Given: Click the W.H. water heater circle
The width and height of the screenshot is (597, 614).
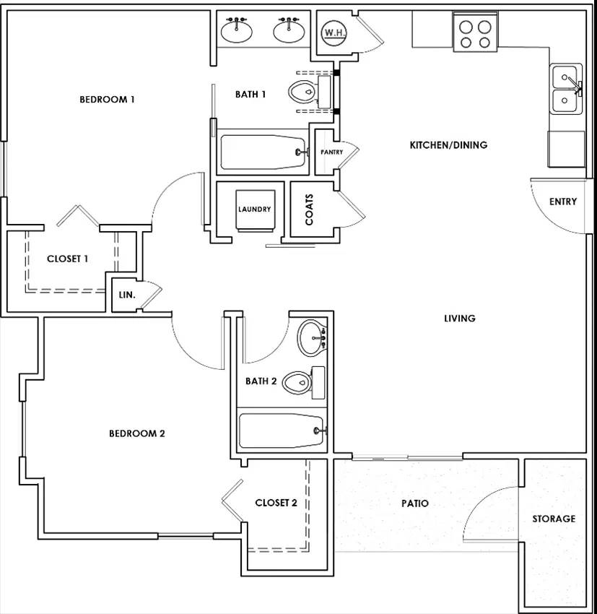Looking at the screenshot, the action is click(x=334, y=33).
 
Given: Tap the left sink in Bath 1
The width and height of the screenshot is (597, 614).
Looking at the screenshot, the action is click(x=236, y=30).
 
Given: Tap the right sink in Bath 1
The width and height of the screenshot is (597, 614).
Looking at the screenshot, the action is click(x=289, y=30).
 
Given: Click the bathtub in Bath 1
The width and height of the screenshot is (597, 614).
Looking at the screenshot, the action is click(x=263, y=152).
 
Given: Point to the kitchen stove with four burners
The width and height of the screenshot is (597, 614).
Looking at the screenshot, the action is click(x=475, y=33).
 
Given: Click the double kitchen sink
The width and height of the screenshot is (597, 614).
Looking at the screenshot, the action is click(x=566, y=89).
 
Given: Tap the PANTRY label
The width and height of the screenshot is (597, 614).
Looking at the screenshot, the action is click(x=332, y=152).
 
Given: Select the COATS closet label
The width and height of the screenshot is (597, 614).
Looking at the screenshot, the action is click(x=309, y=209).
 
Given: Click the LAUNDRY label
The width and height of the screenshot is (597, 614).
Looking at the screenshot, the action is click(x=255, y=209).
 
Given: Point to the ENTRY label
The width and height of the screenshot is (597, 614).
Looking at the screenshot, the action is click(x=563, y=202).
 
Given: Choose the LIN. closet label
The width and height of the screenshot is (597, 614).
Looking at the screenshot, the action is click(x=127, y=295).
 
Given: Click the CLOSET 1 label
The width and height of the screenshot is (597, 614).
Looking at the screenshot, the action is click(x=67, y=259).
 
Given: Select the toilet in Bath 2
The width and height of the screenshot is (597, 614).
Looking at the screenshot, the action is click(x=304, y=383).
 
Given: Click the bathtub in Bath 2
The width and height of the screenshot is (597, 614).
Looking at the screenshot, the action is click(x=282, y=431).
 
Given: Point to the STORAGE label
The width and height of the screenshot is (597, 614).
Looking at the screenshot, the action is click(x=554, y=519).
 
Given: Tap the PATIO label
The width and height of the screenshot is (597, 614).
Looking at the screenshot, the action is click(x=415, y=503).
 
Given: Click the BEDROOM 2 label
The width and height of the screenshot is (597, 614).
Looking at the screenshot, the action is click(x=137, y=433).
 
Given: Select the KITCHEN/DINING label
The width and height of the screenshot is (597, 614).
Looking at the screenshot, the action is click(x=449, y=145).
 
